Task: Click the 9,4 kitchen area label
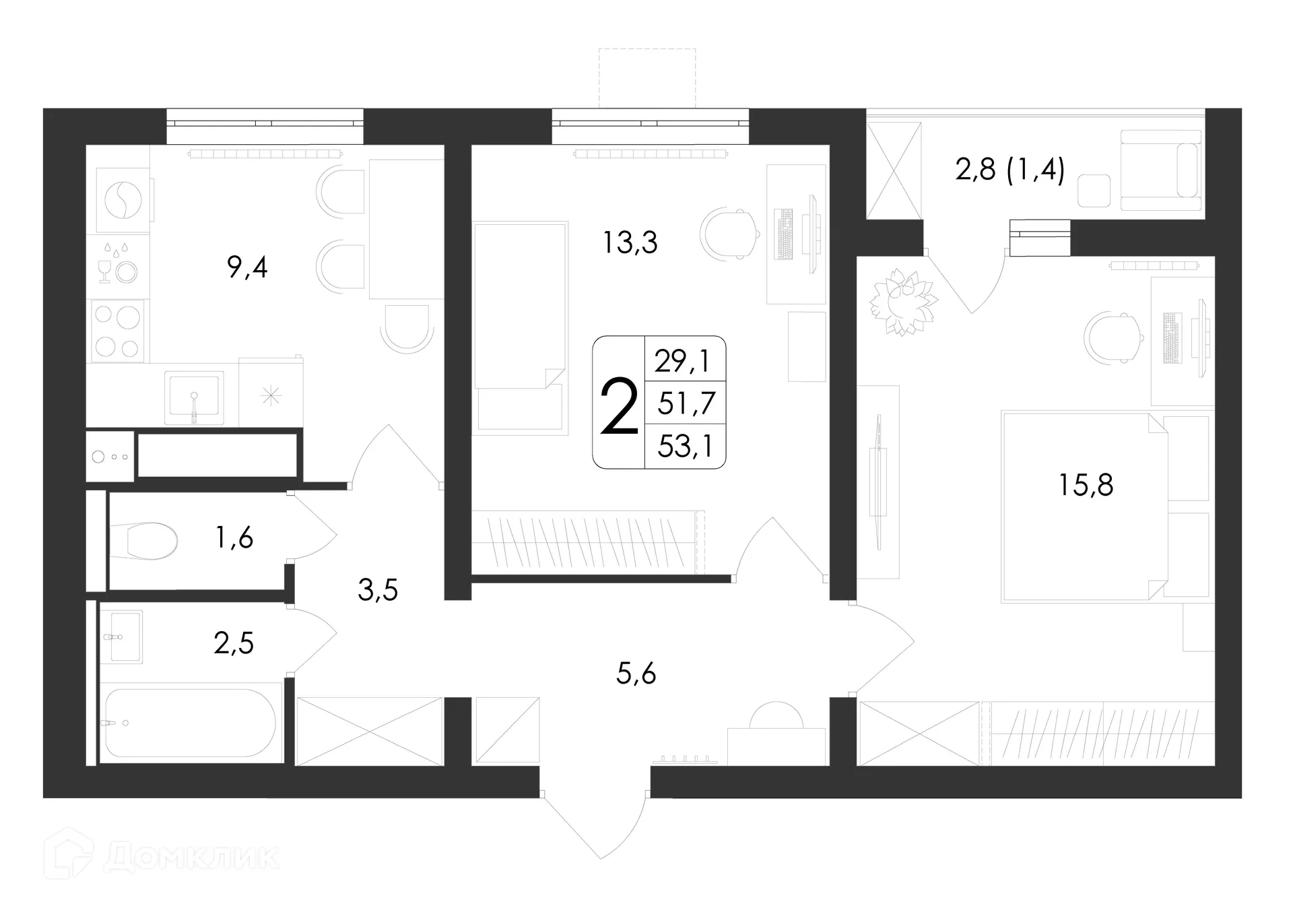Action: point(247,268)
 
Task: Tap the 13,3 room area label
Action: point(630,242)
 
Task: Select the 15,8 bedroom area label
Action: point(1086,485)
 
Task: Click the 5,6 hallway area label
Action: point(636,673)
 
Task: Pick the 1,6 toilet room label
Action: point(234,537)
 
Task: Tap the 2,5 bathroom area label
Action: point(234,643)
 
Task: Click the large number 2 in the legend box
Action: point(618,406)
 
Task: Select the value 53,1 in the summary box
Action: point(685,446)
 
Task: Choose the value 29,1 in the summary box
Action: point(682,362)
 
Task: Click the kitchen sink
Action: point(194,397)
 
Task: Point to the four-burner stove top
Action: point(118,331)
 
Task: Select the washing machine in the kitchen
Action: point(123,200)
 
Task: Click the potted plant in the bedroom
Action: point(903,302)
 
